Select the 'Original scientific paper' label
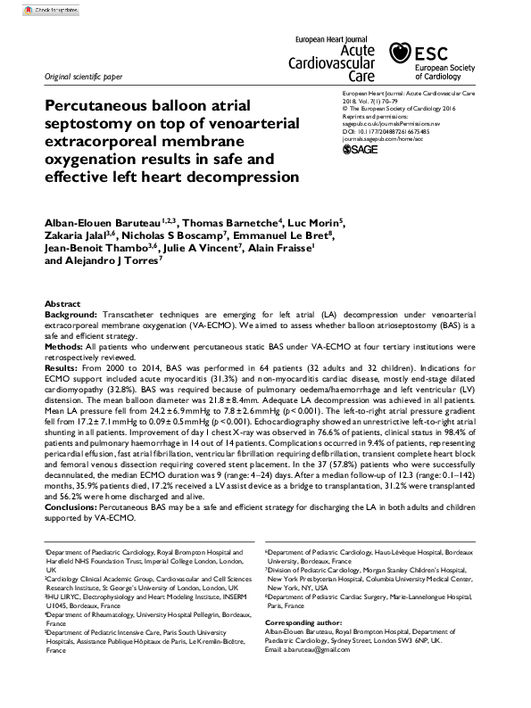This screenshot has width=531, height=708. click(84, 78)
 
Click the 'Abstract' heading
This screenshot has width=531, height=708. click(62, 304)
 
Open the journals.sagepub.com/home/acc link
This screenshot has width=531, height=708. click(383, 140)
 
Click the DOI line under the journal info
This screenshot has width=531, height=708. click(386, 132)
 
